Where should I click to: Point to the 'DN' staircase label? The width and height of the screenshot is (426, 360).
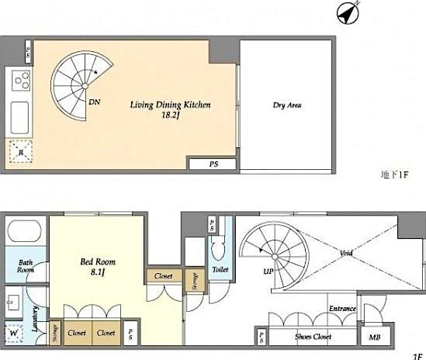pyautogui.click(x=94, y=102)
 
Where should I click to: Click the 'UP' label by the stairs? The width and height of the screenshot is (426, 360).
pyautogui.click(x=268, y=272)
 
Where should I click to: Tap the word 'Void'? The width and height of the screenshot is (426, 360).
pyautogui.click(x=348, y=254)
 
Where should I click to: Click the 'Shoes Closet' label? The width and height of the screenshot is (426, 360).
pyautogui.click(x=313, y=337)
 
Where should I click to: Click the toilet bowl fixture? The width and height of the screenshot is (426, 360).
pyautogui.click(x=218, y=247)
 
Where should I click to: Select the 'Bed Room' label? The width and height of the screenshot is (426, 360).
pyautogui.click(x=97, y=261)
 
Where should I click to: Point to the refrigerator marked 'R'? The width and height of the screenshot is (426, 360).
pyautogui.click(x=20, y=154)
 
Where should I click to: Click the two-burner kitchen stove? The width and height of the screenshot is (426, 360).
pyautogui.click(x=21, y=81)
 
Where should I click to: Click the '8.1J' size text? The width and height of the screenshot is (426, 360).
pyautogui.click(x=97, y=272)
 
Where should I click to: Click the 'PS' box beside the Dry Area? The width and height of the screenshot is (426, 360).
pyautogui.click(x=213, y=164)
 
